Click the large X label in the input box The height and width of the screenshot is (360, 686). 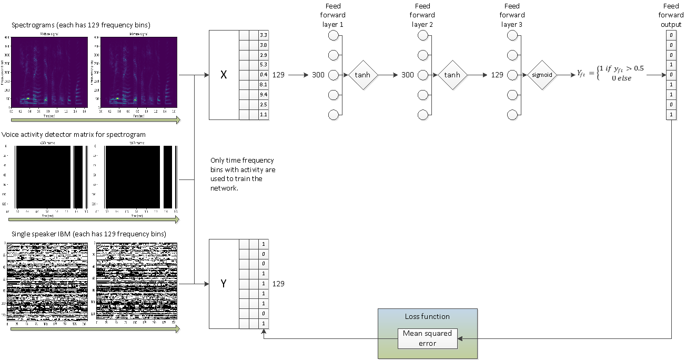(x=224, y=75)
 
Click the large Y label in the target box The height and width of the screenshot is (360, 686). (x=224, y=284)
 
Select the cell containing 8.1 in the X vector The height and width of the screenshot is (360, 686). (x=264, y=85)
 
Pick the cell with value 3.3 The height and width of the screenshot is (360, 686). (x=264, y=35)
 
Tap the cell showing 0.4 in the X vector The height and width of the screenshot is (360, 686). (x=264, y=75)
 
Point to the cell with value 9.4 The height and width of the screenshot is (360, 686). (x=264, y=95)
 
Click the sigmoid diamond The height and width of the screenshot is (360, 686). (x=541, y=75)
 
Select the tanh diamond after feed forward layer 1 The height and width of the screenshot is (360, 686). (x=363, y=75)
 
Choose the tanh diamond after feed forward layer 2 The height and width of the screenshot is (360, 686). (x=452, y=75)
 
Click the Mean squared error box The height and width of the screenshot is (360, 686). (x=427, y=338)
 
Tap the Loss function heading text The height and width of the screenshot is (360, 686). (x=427, y=316)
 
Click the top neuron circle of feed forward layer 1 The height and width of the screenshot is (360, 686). (x=332, y=35)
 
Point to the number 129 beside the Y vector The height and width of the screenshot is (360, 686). (x=278, y=284)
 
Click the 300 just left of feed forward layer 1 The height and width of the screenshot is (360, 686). (x=318, y=75)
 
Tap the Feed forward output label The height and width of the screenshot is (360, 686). (x=671, y=15)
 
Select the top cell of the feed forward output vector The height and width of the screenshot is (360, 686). (x=671, y=35)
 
